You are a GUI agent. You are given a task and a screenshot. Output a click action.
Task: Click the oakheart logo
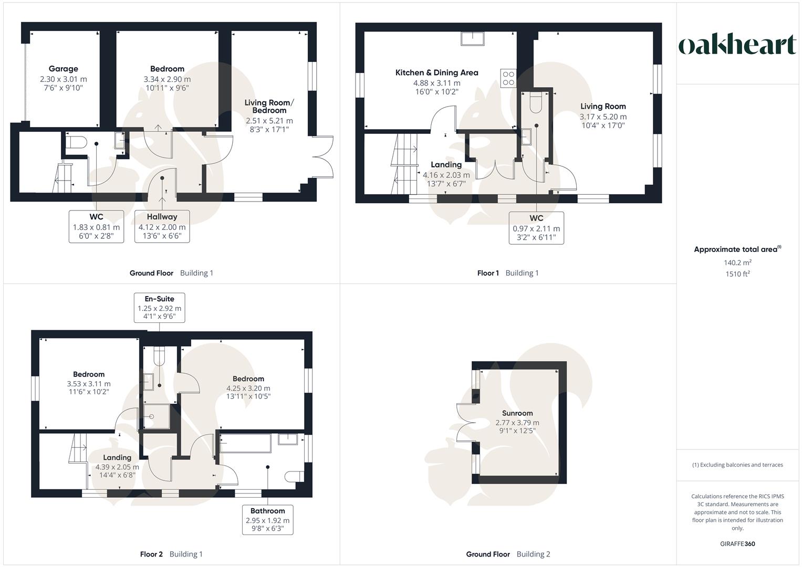click(737, 45)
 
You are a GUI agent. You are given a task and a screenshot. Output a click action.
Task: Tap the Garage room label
click(63, 69)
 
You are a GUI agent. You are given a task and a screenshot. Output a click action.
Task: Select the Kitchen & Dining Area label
click(436, 73)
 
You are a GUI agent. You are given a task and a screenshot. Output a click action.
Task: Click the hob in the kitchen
click(508, 78)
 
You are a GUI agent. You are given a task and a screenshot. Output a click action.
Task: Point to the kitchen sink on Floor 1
click(473, 38)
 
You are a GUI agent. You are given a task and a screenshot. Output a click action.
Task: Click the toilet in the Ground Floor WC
click(77, 142)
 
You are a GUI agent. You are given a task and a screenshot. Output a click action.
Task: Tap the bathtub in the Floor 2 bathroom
click(245, 443)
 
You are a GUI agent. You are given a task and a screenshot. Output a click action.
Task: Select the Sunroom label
click(517, 413)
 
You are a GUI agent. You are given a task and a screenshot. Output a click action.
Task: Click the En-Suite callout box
click(159, 308)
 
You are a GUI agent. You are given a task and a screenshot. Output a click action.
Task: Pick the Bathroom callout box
click(267, 520)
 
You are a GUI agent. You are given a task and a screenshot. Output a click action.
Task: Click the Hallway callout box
click(162, 226)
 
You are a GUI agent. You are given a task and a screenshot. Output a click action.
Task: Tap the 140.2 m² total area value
click(737, 263)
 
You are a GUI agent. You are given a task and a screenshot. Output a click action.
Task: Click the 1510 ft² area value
click(737, 274)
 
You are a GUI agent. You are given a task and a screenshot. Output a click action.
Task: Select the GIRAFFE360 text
click(737, 544)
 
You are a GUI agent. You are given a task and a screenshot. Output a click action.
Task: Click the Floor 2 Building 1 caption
click(171, 554)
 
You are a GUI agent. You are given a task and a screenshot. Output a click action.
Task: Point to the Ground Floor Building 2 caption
click(508, 554)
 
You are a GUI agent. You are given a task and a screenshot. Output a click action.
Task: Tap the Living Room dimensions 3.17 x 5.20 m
click(603, 117)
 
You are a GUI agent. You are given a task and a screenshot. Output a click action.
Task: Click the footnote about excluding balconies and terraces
click(737, 465)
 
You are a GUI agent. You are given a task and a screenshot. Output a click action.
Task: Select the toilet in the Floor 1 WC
click(536, 103)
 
